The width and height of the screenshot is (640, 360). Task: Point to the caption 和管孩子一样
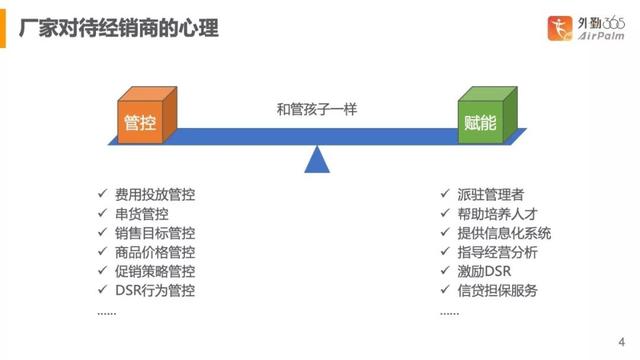(317, 110)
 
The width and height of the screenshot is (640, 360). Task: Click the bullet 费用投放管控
(154, 194)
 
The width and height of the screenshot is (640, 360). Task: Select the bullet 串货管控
(141, 213)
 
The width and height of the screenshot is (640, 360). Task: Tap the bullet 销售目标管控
(154, 233)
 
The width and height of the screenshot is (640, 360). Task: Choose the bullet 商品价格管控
(154, 252)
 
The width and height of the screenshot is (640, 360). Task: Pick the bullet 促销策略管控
(154, 271)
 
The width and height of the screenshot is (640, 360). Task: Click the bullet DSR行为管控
(154, 291)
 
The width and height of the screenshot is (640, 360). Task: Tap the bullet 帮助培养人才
(496, 213)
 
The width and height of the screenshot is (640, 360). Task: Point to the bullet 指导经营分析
(496, 252)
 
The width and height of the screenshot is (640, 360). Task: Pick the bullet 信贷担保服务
(496, 291)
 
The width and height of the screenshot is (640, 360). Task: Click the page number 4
(621, 338)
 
